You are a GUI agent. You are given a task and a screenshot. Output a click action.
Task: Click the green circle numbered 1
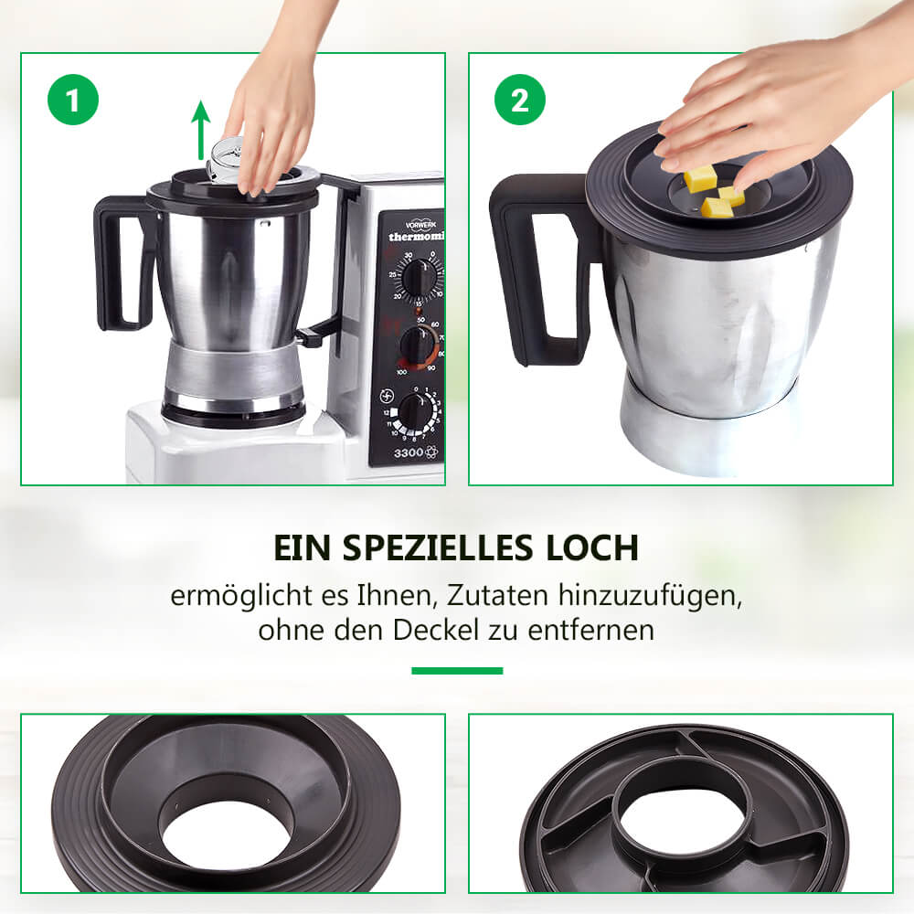tap(73, 100)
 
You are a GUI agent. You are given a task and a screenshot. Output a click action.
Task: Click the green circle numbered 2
tap(520, 100)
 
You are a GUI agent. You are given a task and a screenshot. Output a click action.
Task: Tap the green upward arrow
tap(200, 130)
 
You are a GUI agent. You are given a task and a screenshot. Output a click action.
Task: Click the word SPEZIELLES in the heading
tap(437, 547)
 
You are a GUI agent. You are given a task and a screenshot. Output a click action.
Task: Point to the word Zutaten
tap(498, 595)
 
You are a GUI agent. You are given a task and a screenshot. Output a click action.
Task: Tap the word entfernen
tap(590, 630)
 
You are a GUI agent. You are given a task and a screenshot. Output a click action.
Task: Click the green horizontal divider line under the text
tap(457, 671)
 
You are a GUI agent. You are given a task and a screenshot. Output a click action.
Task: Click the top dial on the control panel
tap(418, 278)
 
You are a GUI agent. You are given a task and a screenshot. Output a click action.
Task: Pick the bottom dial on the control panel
tap(417, 411)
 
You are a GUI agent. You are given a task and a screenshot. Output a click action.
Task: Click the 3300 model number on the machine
tap(408, 453)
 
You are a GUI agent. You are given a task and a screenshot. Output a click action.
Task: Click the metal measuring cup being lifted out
tap(223, 160)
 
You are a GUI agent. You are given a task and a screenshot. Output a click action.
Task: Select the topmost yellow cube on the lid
tap(700, 179)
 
